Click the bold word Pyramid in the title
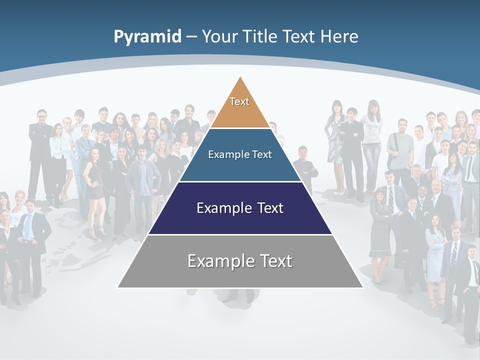pos(147,36)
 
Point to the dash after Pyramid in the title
pos(191,37)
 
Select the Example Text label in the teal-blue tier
pos(240,154)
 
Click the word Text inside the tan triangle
pos(239,101)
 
